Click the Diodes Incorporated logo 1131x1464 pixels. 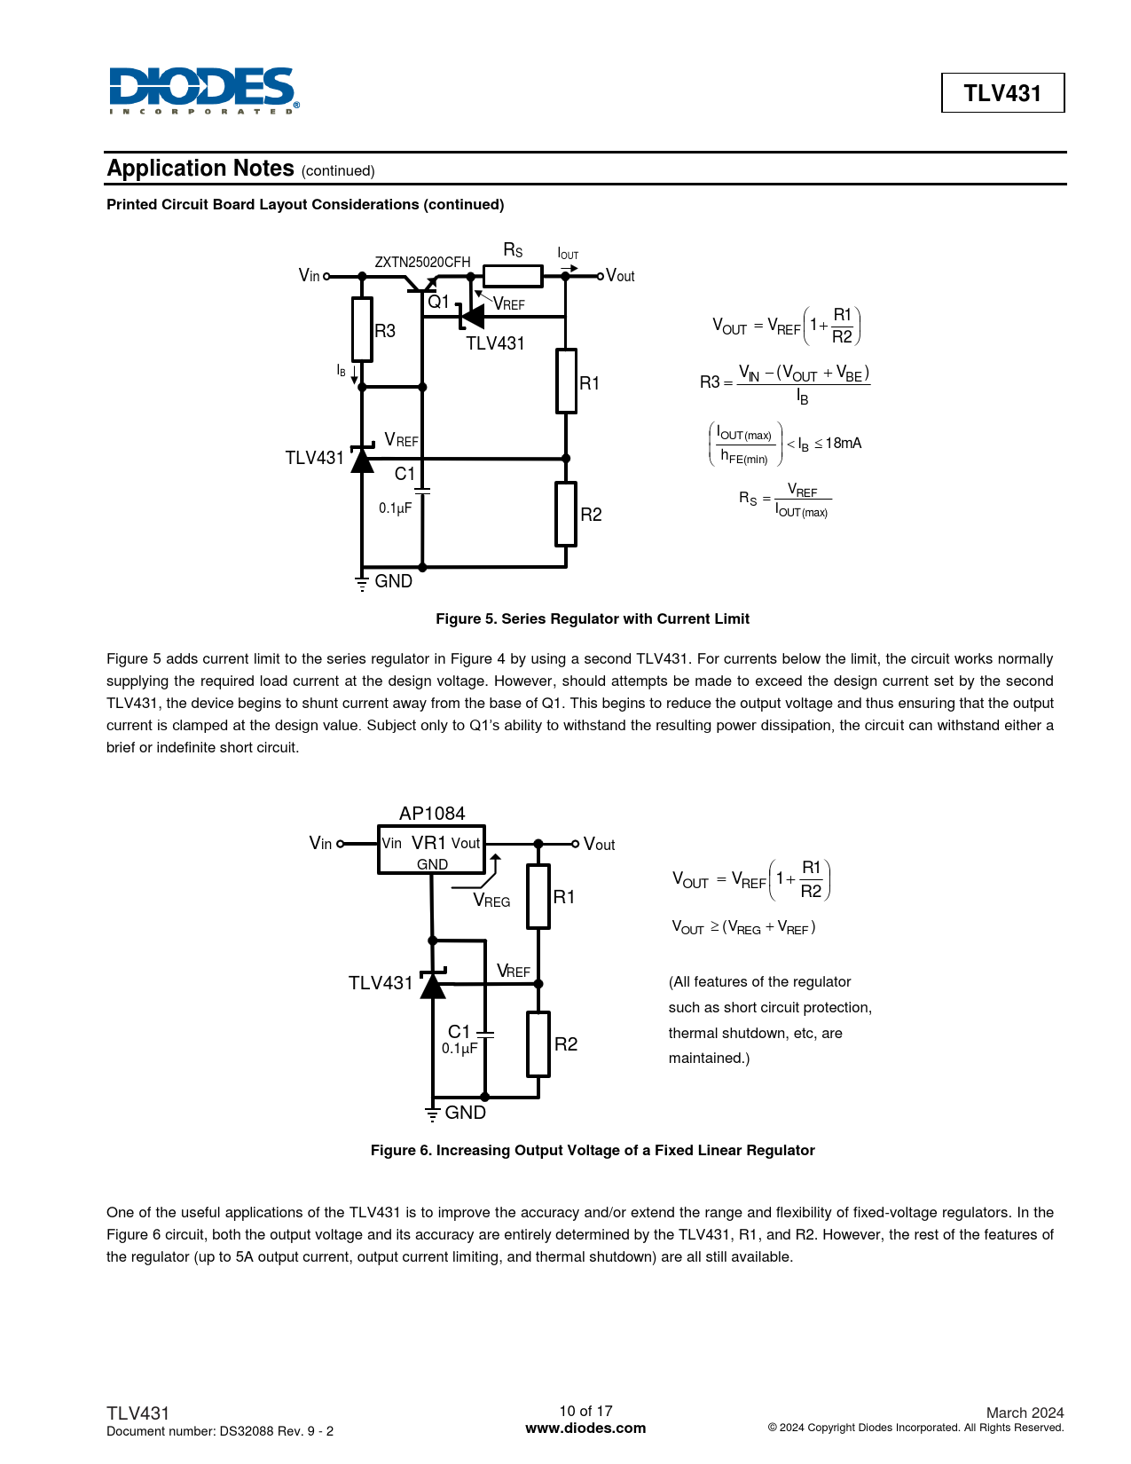coord(204,91)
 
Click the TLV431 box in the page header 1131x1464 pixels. coord(1002,93)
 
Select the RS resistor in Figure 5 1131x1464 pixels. coord(513,276)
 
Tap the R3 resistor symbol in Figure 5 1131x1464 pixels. coord(362,329)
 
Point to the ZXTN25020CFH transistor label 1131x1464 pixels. coord(422,262)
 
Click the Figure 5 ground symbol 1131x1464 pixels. coord(362,583)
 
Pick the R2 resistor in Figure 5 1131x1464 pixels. coord(566,514)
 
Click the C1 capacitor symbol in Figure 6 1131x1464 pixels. coord(484,1034)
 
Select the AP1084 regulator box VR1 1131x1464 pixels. coord(431,851)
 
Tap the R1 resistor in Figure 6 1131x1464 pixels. coord(538,896)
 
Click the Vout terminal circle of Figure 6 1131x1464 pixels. coord(575,844)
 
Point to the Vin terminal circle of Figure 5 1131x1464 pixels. coord(326,276)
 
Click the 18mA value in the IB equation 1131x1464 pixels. coord(843,443)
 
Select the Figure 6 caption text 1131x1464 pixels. coord(593,1150)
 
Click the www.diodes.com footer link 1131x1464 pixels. coord(585,1429)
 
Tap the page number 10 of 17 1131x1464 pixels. coord(585,1411)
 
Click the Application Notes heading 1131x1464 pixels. coord(200,169)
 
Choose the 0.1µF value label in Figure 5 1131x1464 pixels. coord(396,508)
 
